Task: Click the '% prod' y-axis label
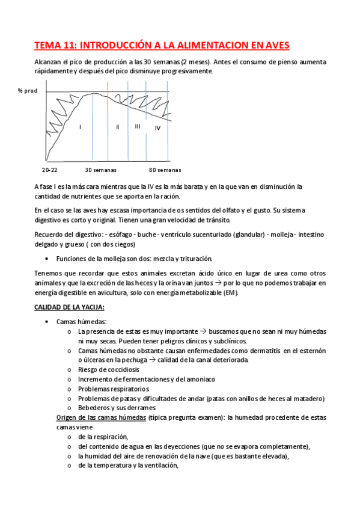click(28, 90)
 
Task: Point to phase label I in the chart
click(80, 127)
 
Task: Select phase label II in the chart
click(118, 127)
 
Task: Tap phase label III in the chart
click(138, 126)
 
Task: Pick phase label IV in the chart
click(157, 128)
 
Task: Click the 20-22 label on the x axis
click(50, 170)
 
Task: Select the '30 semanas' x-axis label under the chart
click(100, 170)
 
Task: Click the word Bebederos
click(95, 408)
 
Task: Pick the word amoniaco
click(197, 379)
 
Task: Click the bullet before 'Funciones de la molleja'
click(47, 259)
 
